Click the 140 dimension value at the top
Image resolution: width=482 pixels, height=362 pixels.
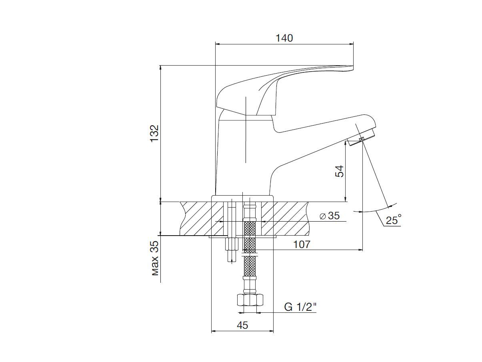284,38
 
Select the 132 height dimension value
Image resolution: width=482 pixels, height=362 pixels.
154,134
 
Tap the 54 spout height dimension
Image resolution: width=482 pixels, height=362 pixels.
339,172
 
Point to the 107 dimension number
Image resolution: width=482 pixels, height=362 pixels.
302,244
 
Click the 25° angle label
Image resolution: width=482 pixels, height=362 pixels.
394,220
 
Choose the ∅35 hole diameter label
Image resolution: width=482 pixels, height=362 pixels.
330,215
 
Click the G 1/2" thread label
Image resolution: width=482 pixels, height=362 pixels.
300,307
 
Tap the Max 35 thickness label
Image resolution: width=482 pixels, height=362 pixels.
155,258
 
